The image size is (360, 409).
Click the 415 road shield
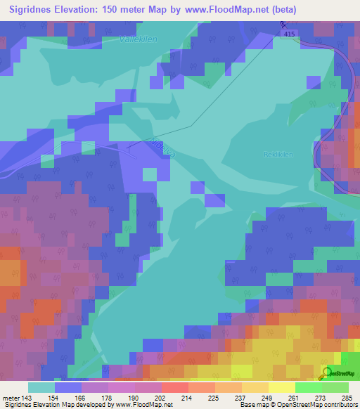285,33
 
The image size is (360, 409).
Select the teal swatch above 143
41,387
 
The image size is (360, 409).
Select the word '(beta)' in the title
281,10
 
